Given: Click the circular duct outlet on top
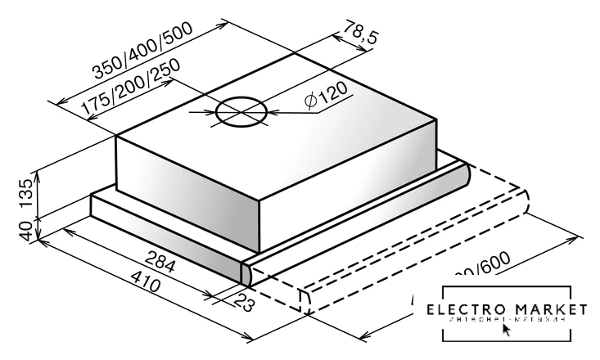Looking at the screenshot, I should pyautogui.click(x=241, y=111).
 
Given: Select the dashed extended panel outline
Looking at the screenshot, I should pyautogui.click(x=426, y=245).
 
